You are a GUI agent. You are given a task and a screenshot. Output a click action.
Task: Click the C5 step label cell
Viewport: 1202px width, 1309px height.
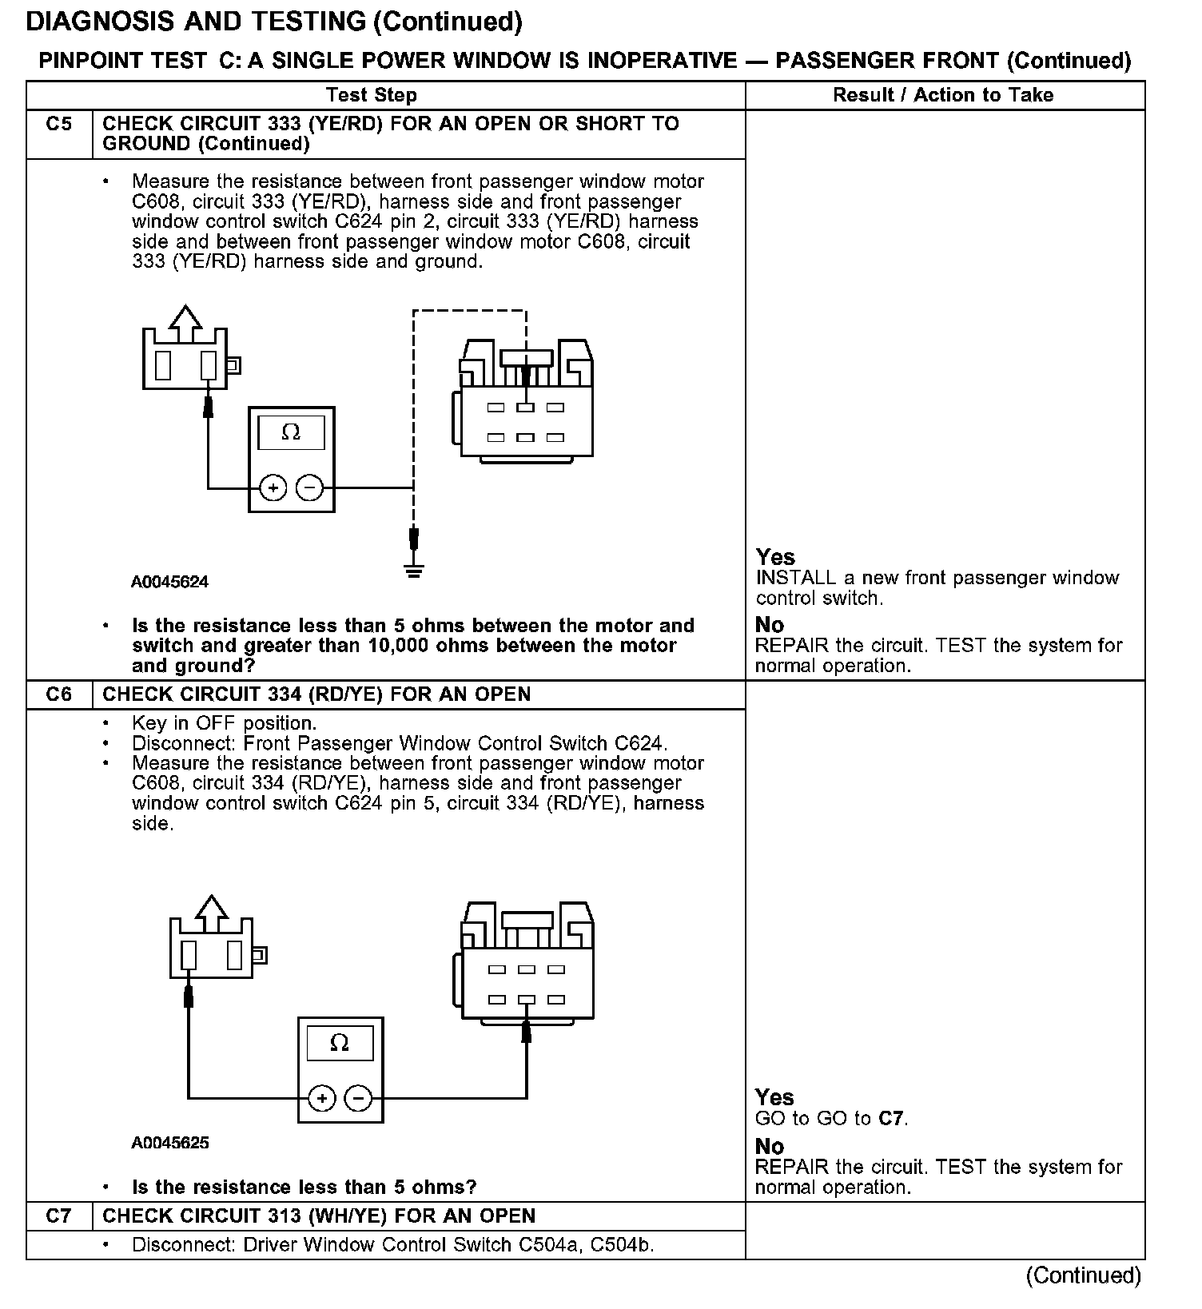coord(59,125)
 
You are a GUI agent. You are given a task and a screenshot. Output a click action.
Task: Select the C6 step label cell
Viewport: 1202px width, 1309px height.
coord(59,694)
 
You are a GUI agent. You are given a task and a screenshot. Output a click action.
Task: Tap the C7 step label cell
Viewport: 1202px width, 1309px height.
coord(59,1216)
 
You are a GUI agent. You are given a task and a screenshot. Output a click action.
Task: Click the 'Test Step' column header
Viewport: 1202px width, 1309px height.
coord(372,96)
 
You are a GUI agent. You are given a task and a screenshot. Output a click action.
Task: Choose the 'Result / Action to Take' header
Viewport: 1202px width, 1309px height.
coord(943,95)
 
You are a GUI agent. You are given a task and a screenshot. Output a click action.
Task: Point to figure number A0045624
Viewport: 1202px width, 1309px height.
coord(169,583)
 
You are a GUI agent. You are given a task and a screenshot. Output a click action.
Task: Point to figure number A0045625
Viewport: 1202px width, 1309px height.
coord(169,1144)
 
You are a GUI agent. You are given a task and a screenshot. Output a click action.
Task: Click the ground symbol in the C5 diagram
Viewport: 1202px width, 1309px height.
coord(413,569)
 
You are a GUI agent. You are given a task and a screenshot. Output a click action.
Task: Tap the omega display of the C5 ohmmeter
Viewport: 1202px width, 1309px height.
coord(291,433)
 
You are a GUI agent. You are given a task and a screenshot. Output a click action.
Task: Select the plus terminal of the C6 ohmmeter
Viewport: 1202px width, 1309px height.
coord(321,1099)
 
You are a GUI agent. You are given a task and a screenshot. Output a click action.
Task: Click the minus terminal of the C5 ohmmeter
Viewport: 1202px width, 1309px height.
coord(310,487)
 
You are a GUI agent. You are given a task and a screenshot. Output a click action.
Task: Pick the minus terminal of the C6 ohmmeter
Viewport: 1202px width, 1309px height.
coord(359,1099)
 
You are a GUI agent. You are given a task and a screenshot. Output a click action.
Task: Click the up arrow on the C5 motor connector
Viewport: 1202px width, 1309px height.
coord(185,320)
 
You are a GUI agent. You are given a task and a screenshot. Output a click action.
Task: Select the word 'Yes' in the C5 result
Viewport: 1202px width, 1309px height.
coord(775,557)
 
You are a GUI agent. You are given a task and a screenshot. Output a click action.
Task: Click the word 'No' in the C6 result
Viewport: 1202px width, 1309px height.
coord(769,1147)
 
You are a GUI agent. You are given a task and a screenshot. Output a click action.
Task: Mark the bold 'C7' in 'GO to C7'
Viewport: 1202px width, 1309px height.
coord(890,1119)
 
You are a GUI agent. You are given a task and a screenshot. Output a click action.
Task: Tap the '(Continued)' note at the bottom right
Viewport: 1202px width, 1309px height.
coord(1083,1275)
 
